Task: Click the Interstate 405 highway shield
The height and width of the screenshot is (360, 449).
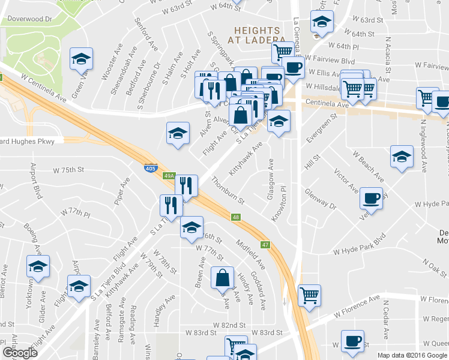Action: pos(151,169)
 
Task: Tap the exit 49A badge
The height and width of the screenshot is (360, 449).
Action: pos(170,176)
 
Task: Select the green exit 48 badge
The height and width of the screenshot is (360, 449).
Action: pos(237,217)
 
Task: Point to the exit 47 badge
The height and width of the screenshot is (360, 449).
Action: pos(265,244)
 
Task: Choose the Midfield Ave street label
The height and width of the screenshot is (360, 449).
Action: pos(250,253)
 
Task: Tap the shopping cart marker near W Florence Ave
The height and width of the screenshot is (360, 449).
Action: pos(309,295)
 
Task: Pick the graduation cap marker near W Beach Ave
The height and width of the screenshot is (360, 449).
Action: pos(402,157)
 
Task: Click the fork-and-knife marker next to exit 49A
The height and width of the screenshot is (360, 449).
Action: pos(187,187)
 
